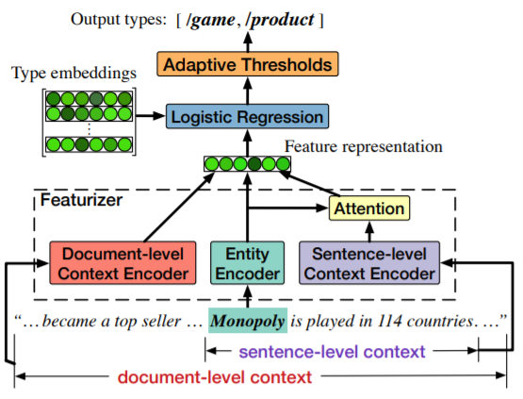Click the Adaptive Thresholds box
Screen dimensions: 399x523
point(246,65)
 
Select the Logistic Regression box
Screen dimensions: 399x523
point(248,118)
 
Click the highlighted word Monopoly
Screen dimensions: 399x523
point(247,320)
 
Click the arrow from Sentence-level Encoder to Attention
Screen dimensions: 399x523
point(368,230)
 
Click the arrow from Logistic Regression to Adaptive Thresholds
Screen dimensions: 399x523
point(247,91)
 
